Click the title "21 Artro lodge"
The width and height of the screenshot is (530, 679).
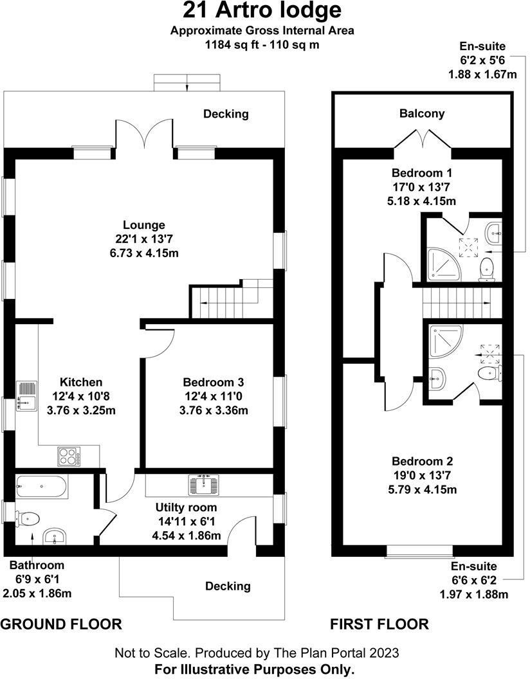tap(262, 11)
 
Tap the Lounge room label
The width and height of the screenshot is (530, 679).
tap(144, 225)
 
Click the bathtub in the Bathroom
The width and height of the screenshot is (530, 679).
tap(40, 487)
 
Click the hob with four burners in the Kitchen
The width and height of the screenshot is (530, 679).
tap(69, 455)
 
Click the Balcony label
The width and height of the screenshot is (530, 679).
tap(421, 114)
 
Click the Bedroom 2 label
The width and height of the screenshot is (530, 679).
tap(423, 461)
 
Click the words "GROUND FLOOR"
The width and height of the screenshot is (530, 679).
tap(62, 624)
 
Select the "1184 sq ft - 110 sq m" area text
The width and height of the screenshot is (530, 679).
tap(262, 44)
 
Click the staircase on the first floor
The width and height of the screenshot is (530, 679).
tap(461, 302)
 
